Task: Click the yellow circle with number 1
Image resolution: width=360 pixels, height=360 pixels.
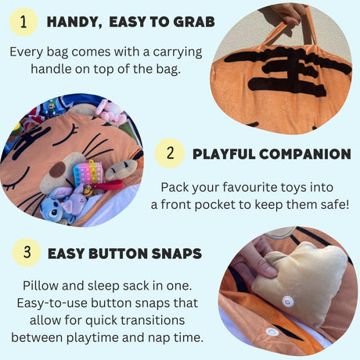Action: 23,21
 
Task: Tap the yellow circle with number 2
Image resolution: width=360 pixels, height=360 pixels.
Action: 170,153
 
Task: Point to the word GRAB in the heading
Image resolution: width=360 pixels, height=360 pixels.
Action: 192,22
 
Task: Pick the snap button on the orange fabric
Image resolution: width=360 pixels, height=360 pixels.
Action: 272,332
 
